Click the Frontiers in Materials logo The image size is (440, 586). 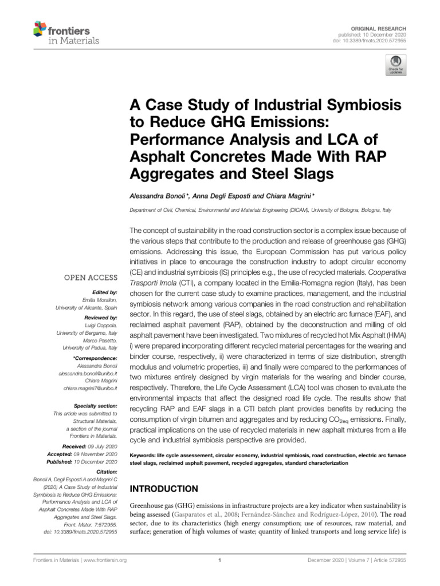pos(66,33)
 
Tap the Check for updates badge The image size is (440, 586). pos(396,65)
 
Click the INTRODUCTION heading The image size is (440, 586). pos(165,489)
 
